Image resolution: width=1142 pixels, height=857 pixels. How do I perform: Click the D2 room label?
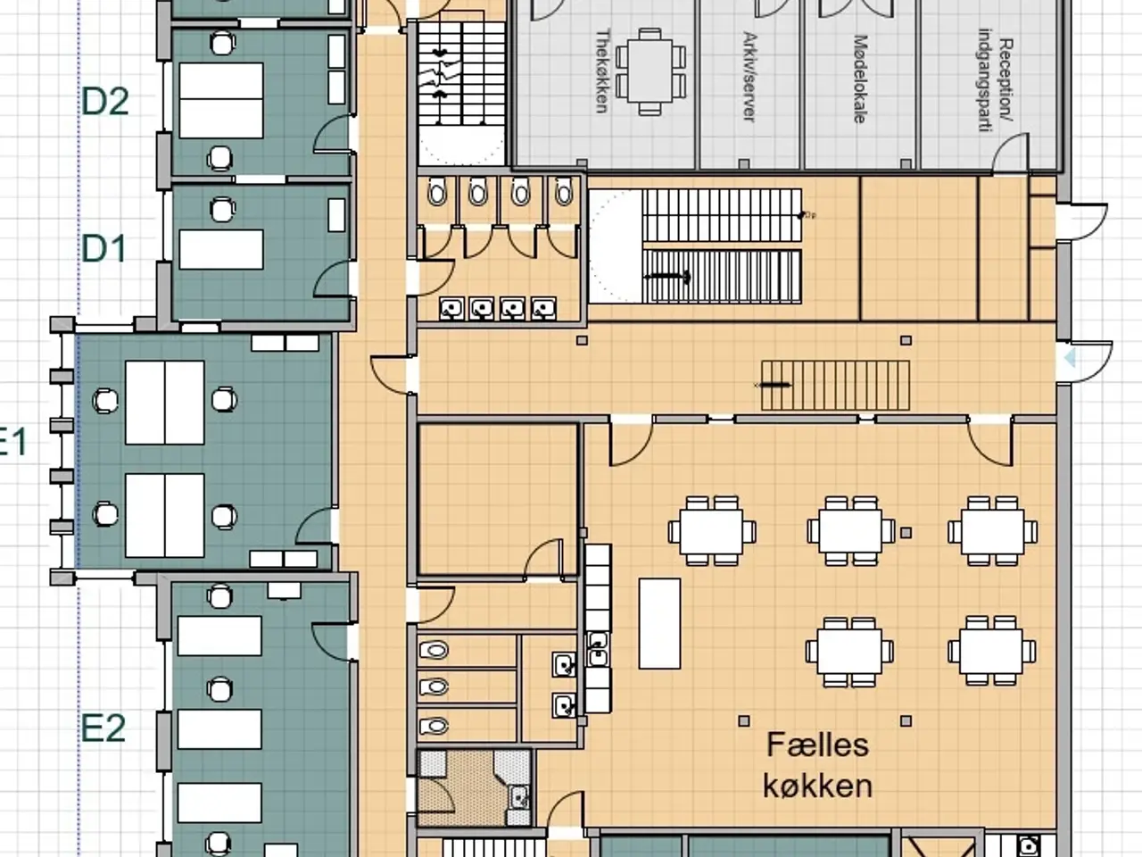pyautogui.click(x=105, y=102)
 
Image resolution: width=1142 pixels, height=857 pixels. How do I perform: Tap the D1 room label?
pyautogui.click(x=104, y=249)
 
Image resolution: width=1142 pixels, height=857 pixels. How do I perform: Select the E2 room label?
pyautogui.click(x=103, y=728)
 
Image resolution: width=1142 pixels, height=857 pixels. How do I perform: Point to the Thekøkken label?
pyautogui.click(x=601, y=71)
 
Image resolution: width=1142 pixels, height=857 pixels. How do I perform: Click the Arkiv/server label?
pyautogui.click(x=749, y=77)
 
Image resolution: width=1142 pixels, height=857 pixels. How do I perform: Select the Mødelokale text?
pyautogui.click(x=861, y=79)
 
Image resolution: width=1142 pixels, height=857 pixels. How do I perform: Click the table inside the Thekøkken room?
pyautogui.click(x=650, y=71)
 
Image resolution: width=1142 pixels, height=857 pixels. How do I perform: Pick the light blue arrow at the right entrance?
pyautogui.click(x=1070, y=358)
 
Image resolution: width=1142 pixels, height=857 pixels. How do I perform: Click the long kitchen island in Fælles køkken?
pyautogui.click(x=659, y=623)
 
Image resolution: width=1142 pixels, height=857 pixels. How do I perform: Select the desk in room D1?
pyautogui.click(x=221, y=250)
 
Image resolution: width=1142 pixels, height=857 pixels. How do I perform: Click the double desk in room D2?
pyautogui.click(x=221, y=100)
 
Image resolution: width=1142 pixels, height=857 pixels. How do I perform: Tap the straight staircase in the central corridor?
pyautogui.click(x=835, y=385)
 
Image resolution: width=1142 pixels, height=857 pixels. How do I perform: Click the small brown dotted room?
pyautogui.click(x=474, y=787)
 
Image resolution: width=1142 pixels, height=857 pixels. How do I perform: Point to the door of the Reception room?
pyautogui.click(x=1011, y=153)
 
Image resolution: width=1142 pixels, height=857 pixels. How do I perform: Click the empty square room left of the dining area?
pyautogui.click(x=499, y=500)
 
